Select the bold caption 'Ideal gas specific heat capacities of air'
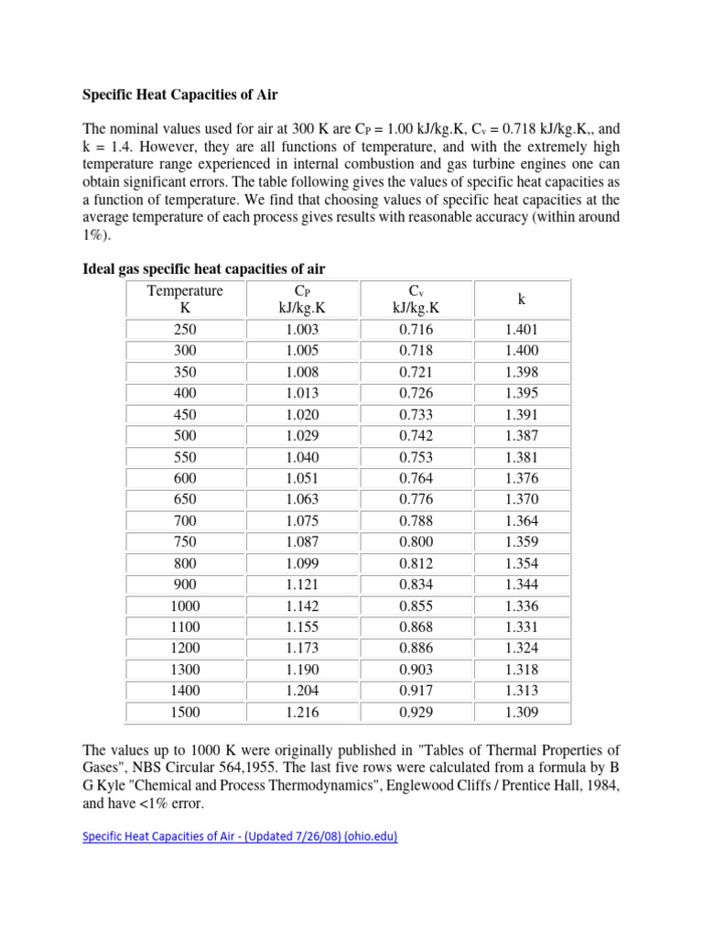click(x=204, y=268)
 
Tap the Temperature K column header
click(x=185, y=300)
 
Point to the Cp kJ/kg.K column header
click(x=302, y=300)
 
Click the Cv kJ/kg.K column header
click(x=416, y=300)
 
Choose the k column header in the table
click(x=521, y=300)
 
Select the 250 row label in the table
click(x=185, y=330)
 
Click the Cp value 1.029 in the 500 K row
click(x=302, y=436)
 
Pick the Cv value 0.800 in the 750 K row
click(x=416, y=541)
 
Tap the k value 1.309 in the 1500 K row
click(x=521, y=712)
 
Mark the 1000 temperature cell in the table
click(x=185, y=605)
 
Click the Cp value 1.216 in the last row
click(x=302, y=712)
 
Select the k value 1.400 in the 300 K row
click(x=521, y=351)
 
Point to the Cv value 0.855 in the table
click(x=416, y=605)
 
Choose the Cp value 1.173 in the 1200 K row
click(x=302, y=649)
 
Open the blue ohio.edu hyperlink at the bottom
click(x=240, y=837)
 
